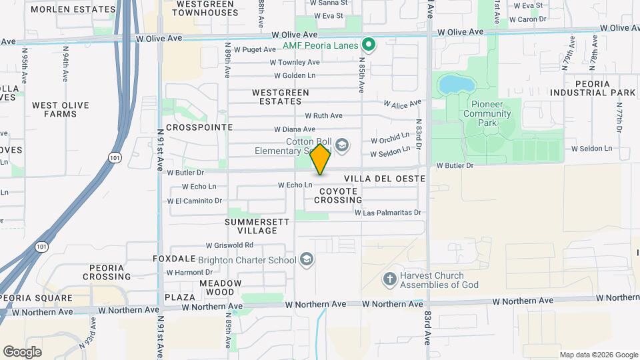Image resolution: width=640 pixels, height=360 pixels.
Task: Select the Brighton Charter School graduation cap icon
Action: (x=307, y=259)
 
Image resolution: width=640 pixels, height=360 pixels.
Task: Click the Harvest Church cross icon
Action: (x=389, y=279)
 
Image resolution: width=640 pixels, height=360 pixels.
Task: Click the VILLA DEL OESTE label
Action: (x=385, y=179)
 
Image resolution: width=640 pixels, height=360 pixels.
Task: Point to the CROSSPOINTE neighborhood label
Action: (x=199, y=127)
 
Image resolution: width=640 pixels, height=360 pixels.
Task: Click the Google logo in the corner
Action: (x=22, y=351)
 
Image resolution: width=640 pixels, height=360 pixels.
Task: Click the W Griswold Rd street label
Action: (x=229, y=245)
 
